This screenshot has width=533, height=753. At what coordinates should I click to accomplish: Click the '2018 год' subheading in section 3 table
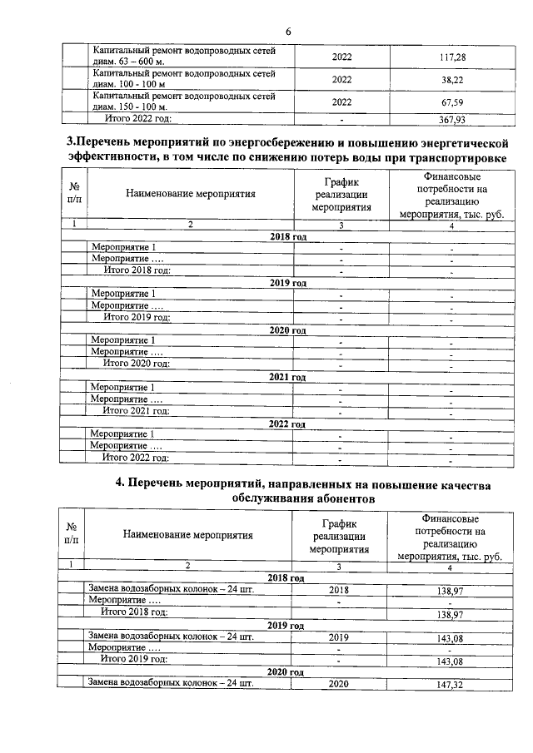[288, 237]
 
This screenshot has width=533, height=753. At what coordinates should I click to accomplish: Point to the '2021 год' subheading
[288, 377]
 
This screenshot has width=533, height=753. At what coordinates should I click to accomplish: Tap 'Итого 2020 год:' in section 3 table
[136, 364]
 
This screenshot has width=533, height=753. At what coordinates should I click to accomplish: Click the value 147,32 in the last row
[449, 684]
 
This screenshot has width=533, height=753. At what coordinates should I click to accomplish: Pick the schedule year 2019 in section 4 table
[340, 637]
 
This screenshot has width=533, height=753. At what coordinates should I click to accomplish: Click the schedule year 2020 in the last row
[340, 684]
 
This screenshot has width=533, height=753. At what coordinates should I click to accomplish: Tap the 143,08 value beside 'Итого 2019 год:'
[449, 661]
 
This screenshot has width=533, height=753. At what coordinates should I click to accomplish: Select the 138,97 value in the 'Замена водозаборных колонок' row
[449, 589]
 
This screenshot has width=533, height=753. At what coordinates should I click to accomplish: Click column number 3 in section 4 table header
[340, 567]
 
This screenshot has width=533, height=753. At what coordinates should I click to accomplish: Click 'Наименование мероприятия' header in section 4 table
[188, 536]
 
